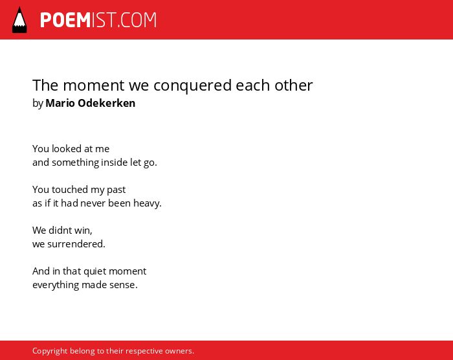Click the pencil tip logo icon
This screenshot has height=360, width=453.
click(19, 20)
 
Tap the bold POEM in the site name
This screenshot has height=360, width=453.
click(65, 20)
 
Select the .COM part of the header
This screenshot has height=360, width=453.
click(137, 20)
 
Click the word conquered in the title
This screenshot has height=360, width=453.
click(192, 86)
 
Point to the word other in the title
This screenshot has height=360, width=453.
click(294, 85)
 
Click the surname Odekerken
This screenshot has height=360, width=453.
click(107, 103)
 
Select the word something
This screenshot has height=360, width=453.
click(76, 163)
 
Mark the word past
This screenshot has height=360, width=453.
click(116, 190)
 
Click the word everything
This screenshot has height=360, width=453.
click(56, 286)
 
